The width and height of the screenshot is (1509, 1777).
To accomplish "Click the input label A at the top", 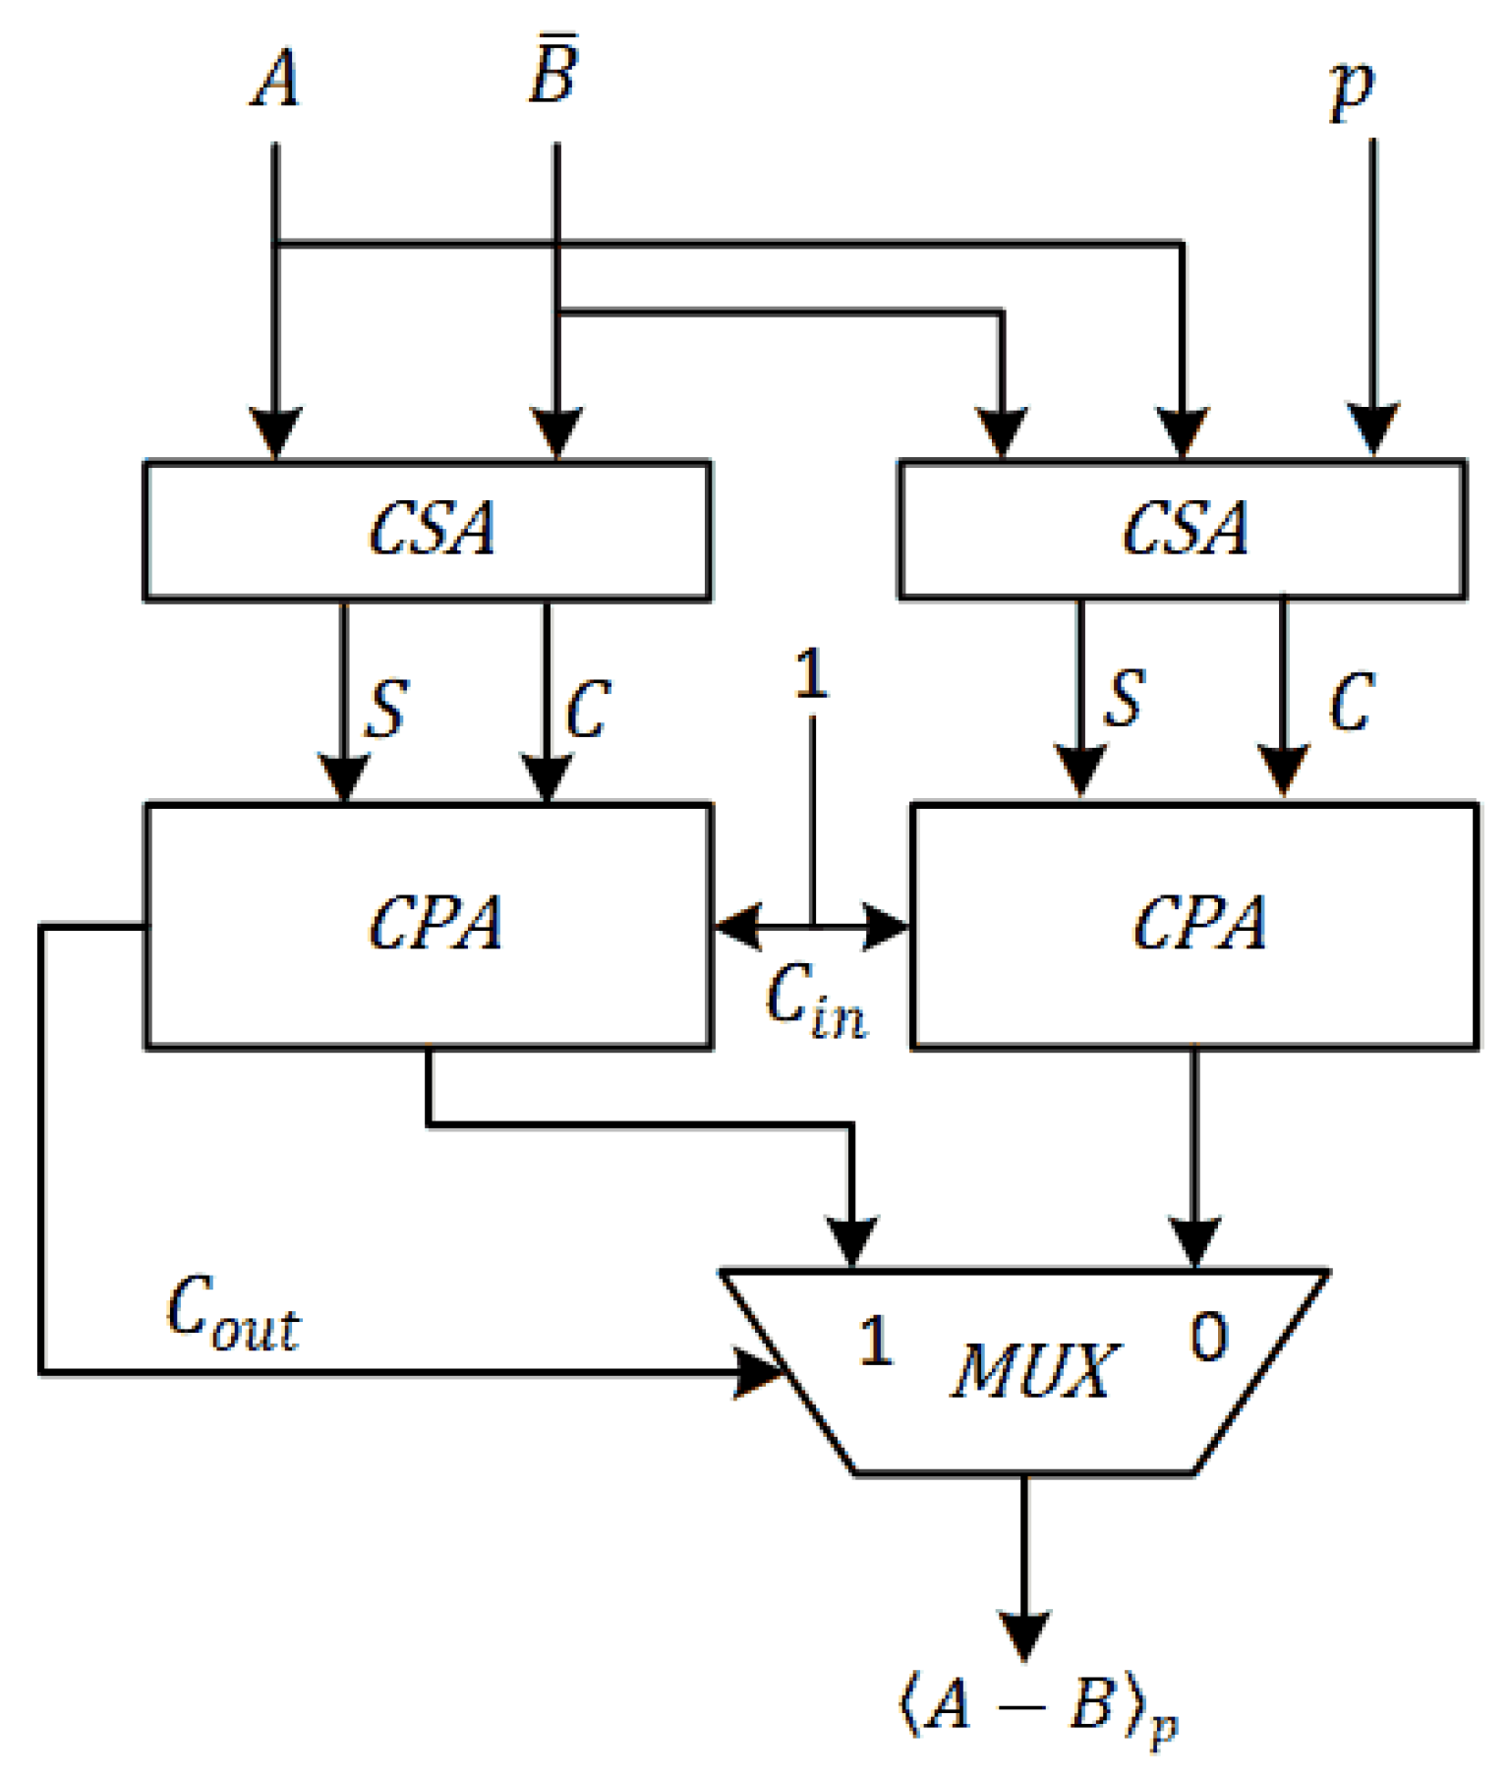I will point(276,79).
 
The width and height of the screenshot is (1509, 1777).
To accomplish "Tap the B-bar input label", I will point(553,74).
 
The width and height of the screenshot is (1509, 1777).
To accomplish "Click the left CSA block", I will point(428,530).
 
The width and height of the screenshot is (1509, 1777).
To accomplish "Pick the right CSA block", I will point(1183,530).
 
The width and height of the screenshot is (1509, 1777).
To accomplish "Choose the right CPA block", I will point(1195,925).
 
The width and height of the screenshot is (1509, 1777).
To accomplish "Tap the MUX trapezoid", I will point(1027,1372).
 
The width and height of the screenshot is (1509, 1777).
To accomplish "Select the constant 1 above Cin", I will point(811,675).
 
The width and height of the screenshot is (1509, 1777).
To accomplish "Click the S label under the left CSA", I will point(385,709).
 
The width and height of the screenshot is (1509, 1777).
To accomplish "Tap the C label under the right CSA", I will point(1351,702).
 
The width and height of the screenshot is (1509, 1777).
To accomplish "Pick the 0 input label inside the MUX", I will point(1208,1338).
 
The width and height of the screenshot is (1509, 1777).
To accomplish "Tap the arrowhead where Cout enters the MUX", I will point(762,1372).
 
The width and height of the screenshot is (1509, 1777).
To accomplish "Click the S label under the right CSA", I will point(1125,700).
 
